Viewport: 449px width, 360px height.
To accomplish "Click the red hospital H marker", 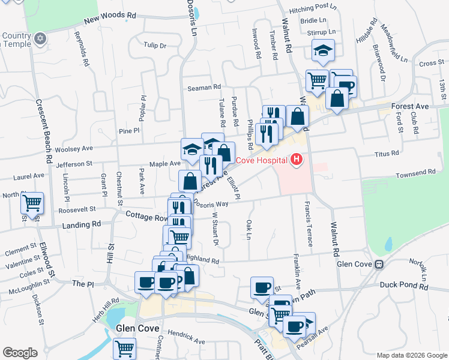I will pos(296,160).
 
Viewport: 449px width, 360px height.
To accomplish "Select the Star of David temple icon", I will pos(41,39).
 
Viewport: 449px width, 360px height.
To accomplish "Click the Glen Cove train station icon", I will pos(379,265).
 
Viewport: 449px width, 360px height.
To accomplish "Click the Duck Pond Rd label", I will pos(407,287).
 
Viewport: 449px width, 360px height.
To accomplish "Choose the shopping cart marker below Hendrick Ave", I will pos(124,347).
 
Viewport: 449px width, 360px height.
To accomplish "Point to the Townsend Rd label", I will pos(415,173).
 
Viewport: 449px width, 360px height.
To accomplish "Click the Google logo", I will pos(20,353).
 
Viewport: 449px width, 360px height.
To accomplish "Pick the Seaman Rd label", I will pos(204,88).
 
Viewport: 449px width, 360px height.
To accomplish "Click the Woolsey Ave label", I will pos(74,148).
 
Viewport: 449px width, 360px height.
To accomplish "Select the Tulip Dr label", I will pos(155,45).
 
